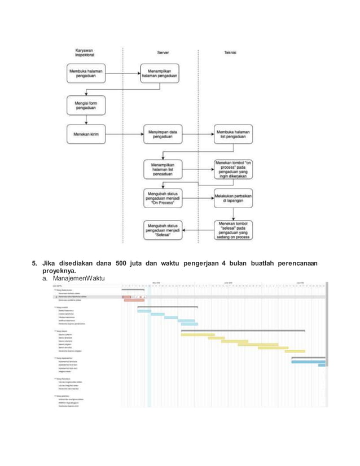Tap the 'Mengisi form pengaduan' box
[86, 105]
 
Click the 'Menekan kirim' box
[86, 135]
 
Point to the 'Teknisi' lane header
[230, 52]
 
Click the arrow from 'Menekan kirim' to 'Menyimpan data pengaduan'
[123, 135]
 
